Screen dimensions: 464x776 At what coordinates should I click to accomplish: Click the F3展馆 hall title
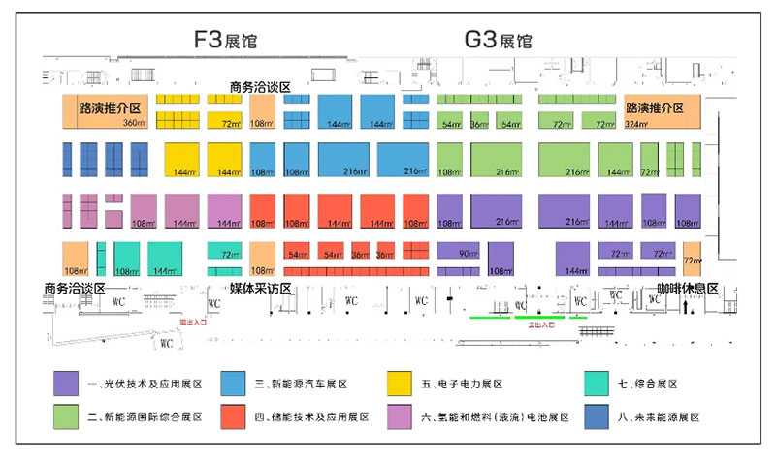pyautogui.click(x=226, y=40)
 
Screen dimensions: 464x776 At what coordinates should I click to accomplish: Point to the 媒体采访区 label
pyautogui.click(x=261, y=289)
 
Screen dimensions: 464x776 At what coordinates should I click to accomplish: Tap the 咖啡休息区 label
pyautogui.click(x=687, y=289)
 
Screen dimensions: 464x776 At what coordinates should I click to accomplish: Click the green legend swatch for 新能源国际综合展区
pyautogui.click(x=67, y=417)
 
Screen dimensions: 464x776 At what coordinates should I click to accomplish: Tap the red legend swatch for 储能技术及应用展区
pyautogui.click(x=233, y=417)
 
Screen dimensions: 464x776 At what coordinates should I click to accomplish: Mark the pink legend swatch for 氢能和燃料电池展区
pyautogui.click(x=399, y=417)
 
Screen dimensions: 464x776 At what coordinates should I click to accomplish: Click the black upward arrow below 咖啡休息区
pyautogui.click(x=687, y=307)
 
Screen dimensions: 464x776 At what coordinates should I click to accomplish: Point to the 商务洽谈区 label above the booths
pyautogui.click(x=261, y=87)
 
